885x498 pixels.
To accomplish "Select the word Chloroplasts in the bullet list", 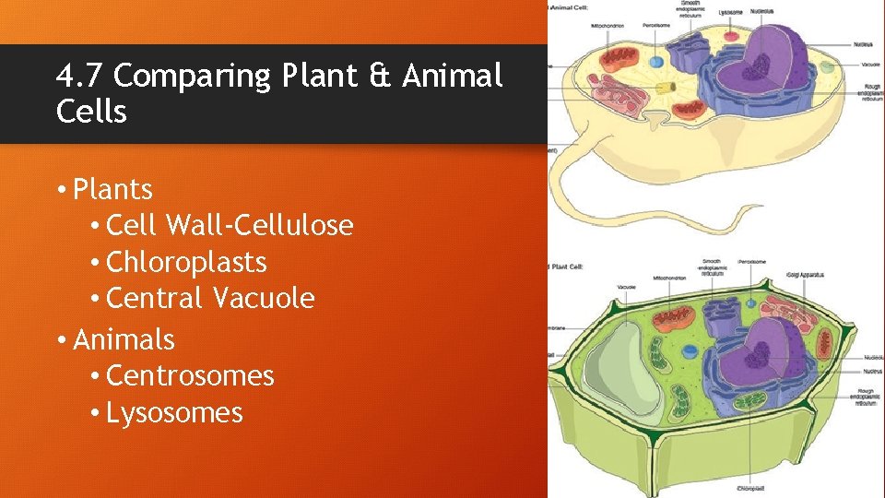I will (x=186, y=263).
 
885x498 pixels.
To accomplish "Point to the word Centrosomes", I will (x=190, y=376).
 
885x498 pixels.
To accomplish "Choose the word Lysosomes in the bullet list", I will (x=174, y=413).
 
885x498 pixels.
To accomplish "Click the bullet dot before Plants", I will (x=60, y=191).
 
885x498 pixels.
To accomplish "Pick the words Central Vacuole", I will (x=210, y=299).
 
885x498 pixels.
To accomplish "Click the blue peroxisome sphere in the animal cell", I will (x=655, y=64).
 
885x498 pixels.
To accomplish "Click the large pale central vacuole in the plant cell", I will (x=621, y=370).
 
